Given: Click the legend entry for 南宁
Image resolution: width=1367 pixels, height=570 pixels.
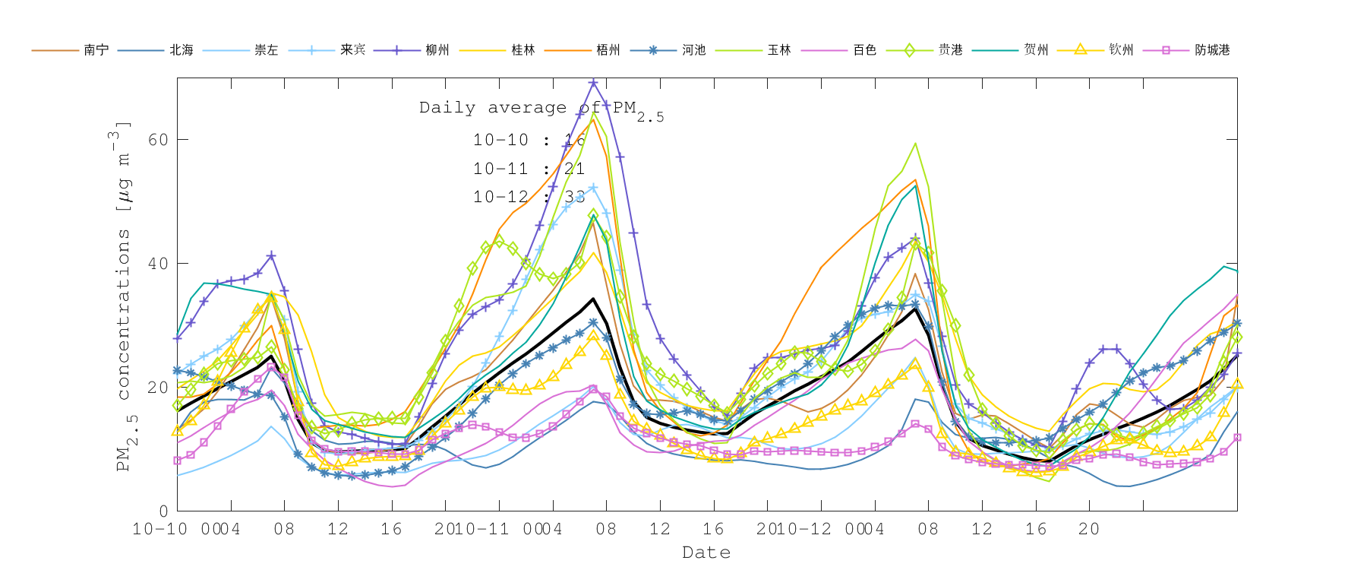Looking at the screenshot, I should tap(96, 50).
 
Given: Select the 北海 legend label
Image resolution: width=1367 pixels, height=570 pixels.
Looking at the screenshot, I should tap(181, 50).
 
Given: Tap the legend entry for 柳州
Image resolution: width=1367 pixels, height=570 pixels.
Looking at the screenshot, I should tap(437, 50).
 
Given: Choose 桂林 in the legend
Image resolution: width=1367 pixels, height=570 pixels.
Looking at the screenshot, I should tap(522, 50).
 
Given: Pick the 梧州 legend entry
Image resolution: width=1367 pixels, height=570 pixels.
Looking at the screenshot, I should tap(608, 50).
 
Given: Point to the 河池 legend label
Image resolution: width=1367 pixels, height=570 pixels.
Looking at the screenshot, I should tap(693, 50).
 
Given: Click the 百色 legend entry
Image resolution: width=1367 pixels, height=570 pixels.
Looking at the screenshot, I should tap(864, 50).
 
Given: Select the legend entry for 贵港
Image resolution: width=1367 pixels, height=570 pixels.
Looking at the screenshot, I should tap(950, 50).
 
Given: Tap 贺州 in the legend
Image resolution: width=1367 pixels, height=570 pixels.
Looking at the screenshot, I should tap(1036, 50).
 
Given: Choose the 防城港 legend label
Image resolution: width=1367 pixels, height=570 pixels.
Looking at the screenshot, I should tap(1212, 50).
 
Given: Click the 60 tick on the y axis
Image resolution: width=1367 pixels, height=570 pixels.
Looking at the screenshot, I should tap(158, 140).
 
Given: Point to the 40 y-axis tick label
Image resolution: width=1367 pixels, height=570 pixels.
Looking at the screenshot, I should tap(158, 264).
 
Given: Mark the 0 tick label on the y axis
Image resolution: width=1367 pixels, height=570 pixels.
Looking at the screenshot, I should tap(163, 511).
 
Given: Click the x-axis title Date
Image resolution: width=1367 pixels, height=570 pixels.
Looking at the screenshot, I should tap(706, 553).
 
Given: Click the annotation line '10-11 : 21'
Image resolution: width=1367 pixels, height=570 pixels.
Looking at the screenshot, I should tap(529, 169).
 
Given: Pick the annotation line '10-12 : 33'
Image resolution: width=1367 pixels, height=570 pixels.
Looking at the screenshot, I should tap(529, 197).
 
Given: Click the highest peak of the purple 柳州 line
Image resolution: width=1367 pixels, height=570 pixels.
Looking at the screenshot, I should tap(593, 83).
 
